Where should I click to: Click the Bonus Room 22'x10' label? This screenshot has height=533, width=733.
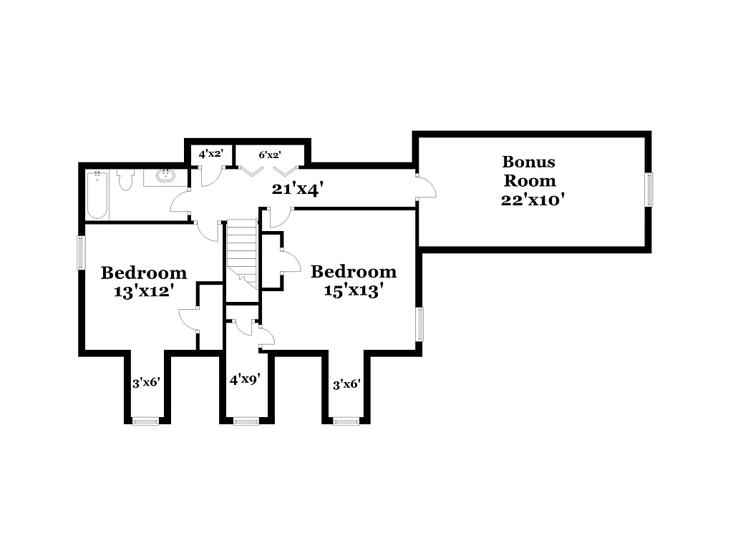pos(529,181)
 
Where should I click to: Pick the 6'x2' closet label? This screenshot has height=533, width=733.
pos(269,154)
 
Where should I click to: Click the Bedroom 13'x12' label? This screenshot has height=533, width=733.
pos(144,282)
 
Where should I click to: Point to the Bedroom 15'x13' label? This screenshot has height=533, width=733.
pos(353,281)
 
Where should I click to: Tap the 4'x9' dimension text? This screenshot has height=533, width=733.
pos(243,379)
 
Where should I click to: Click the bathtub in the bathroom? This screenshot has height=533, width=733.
pos(97,195)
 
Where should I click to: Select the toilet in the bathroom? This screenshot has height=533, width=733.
pos(126,180)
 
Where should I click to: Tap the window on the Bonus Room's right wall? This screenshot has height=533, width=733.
pos(649,190)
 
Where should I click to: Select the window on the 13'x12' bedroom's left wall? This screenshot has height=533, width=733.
pos(81,253)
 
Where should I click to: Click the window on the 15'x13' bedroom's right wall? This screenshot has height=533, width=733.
pos(420,323)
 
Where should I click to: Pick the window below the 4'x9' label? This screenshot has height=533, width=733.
pos(246,421)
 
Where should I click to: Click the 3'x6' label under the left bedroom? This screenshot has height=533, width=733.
pos(145,383)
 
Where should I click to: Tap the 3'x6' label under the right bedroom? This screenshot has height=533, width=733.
pos(346,384)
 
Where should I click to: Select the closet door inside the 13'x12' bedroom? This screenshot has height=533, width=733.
pos(188,319)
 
